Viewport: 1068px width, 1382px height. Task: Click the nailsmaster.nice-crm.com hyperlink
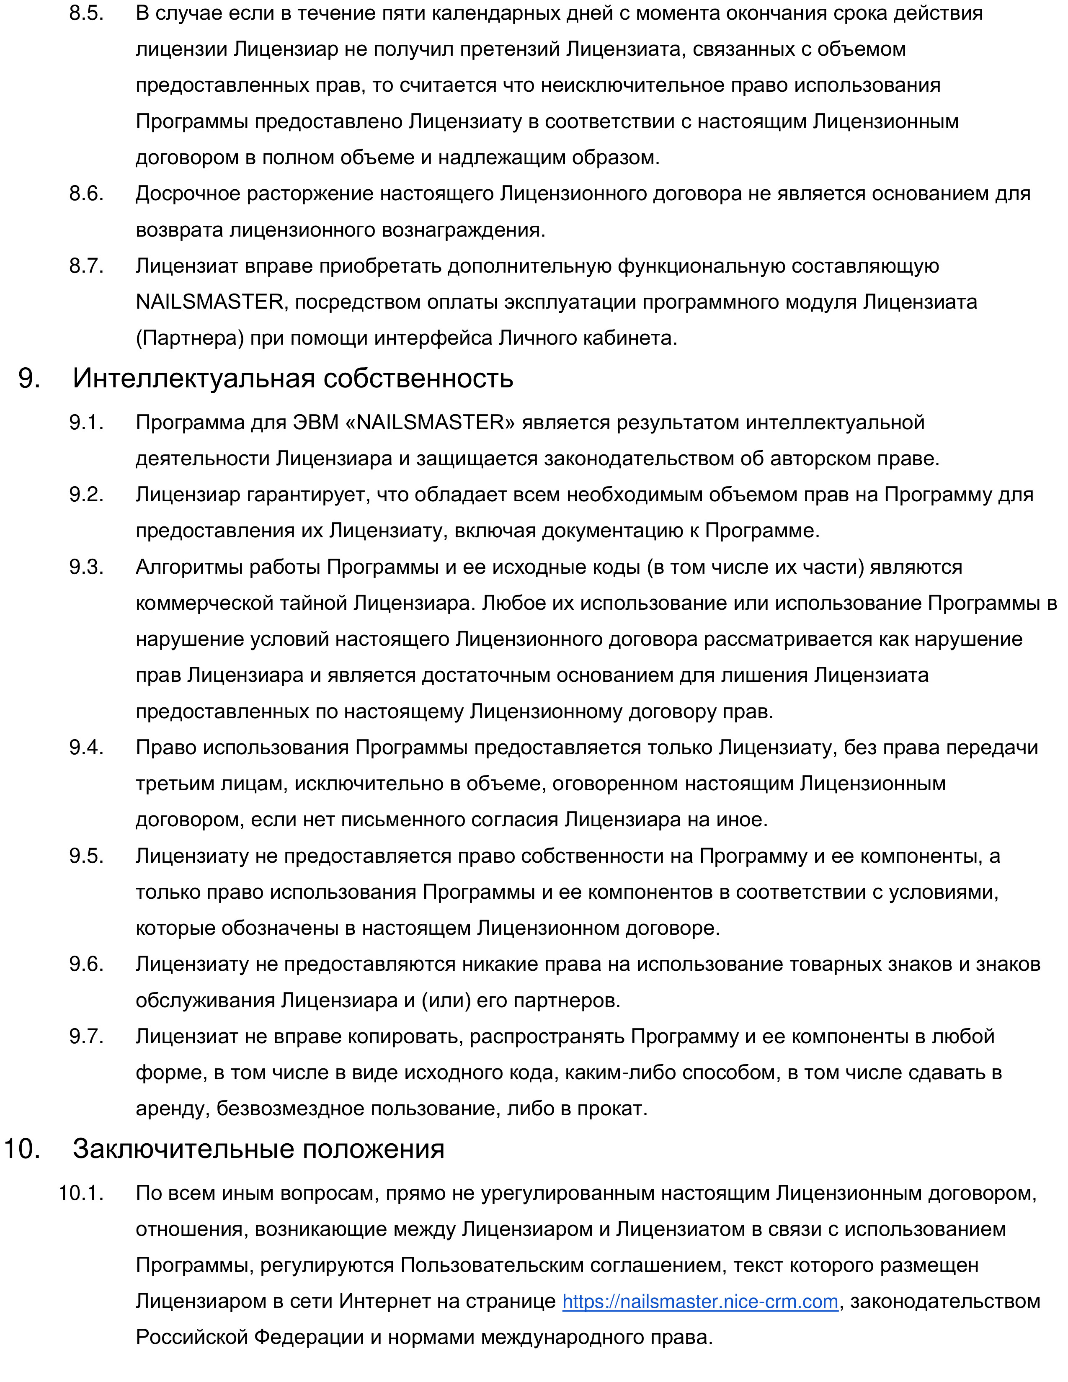[700, 1301]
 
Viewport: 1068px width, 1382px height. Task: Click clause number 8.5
[86, 13]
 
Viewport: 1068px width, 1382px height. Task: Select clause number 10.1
[81, 1193]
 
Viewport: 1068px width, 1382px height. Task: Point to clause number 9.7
[86, 1036]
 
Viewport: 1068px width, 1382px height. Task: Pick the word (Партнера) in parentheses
[190, 338]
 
